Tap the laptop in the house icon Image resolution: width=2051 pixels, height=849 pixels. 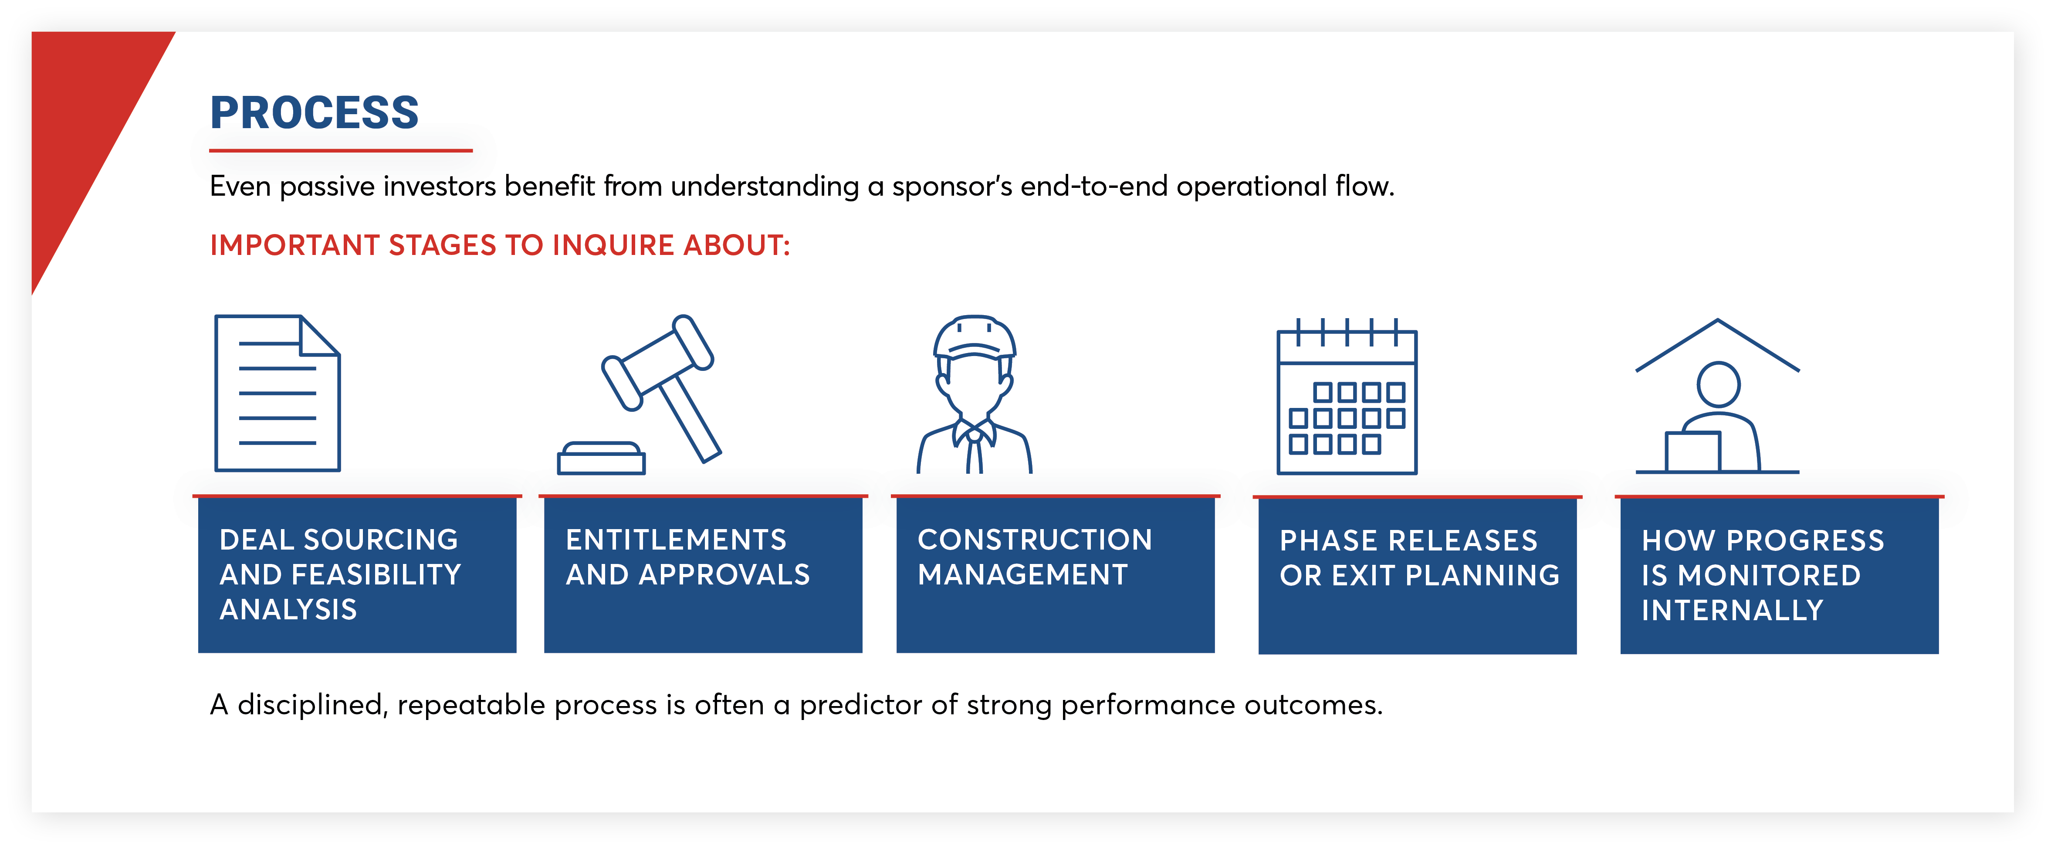tap(1693, 452)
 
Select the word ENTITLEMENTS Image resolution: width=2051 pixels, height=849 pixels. tap(676, 540)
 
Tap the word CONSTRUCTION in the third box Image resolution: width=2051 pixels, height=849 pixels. tap(1034, 540)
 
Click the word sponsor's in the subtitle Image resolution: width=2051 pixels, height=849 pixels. tap(951, 187)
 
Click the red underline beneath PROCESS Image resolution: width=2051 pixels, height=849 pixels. tap(341, 150)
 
